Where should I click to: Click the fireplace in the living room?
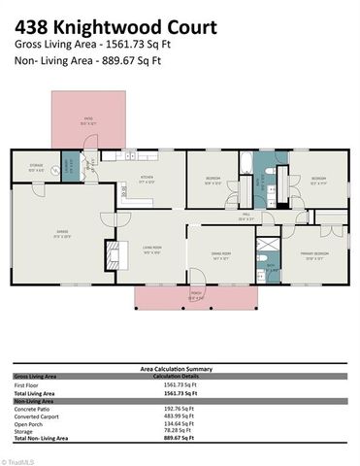tap(111, 254)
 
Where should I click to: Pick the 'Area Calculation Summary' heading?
tap(180, 368)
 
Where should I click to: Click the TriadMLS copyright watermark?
tap(18, 461)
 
